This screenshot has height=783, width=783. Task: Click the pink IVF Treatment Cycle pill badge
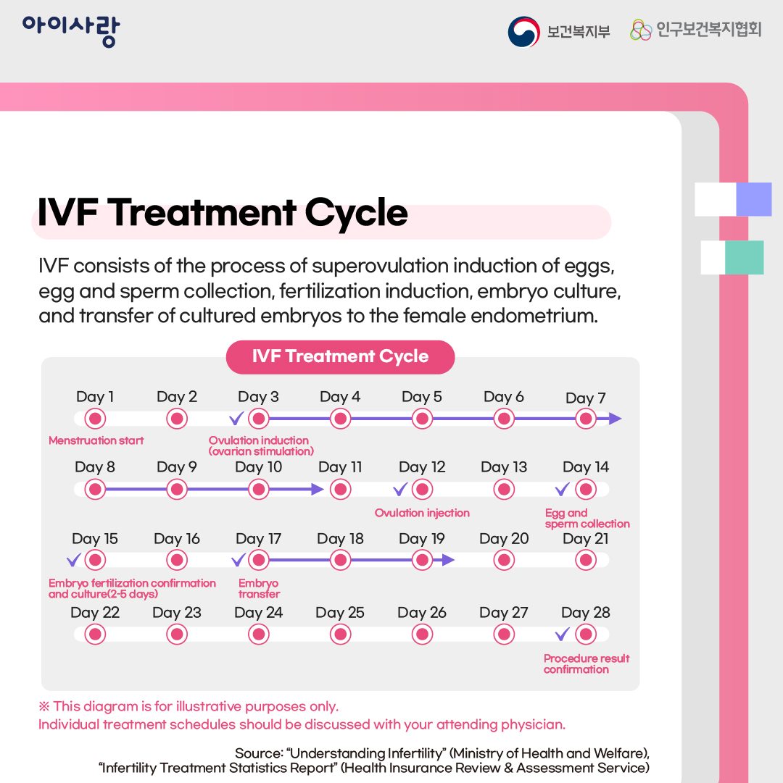click(340, 357)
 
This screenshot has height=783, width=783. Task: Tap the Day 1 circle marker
click(95, 419)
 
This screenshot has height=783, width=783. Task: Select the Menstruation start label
click(96, 440)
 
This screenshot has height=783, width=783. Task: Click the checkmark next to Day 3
click(236, 418)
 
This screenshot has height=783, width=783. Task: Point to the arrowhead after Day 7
click(615, 419)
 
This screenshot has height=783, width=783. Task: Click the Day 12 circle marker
click(422, 490)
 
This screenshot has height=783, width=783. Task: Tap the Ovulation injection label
click(422, 513)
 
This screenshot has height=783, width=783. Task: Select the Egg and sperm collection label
click(587, 519)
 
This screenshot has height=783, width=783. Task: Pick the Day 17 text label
click(259, 539)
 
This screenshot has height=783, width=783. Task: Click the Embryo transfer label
click(259, 589)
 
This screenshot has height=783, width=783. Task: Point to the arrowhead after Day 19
click(447, 560)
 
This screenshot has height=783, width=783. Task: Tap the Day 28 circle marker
click(586, 635)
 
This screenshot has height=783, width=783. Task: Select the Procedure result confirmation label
click(587, 663)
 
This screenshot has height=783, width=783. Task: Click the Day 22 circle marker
click(95, 635)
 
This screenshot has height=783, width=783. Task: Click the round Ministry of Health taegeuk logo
click(523, 31)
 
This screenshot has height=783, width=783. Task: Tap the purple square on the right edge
click(753, 199)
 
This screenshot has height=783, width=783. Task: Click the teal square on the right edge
click(744, 257)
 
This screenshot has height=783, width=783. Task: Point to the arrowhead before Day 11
click(317, 490)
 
